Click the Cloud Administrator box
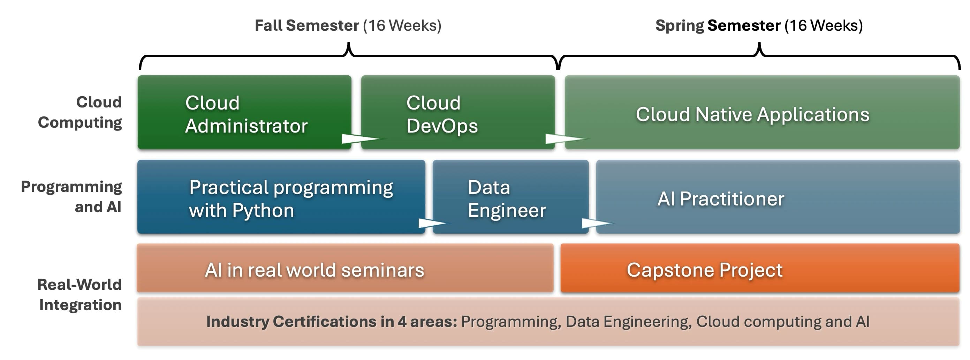click(244, 112)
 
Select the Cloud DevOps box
click(458, 112)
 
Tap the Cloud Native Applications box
click(762, 112)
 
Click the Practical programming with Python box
click(281, 196)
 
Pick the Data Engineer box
click(510, 196)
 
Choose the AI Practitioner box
click(778, 196)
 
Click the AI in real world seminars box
click(345, 268)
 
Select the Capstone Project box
click(760, 268)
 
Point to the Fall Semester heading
click(348, 25)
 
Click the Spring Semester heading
click(759, 25)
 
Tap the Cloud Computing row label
click(80, 112)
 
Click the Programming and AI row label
click(71, 196)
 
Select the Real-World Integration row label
click(80, 294)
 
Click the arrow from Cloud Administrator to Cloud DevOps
click(364, 138)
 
